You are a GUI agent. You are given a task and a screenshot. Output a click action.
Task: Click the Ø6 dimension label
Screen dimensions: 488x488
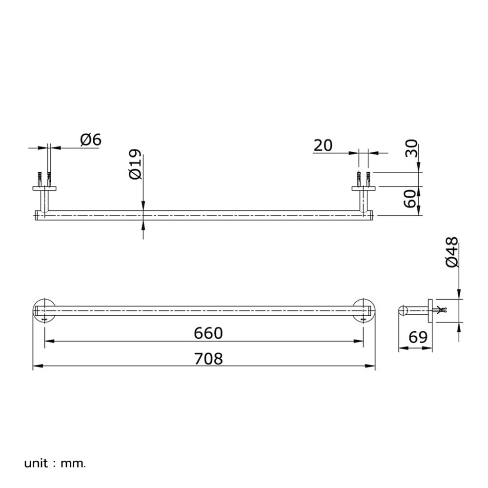(x=91, y=140)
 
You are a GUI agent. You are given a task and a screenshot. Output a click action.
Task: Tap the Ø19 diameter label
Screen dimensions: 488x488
(x=135, y=164)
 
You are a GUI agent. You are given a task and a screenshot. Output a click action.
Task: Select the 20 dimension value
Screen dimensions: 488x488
(x=323, y=145)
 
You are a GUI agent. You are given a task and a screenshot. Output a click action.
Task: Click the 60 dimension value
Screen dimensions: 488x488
(x=410, y=198)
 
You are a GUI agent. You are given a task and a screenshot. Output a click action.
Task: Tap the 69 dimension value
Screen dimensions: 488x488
(x=418, y=337)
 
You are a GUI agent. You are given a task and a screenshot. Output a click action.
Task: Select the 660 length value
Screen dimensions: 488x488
(x=208, y=333)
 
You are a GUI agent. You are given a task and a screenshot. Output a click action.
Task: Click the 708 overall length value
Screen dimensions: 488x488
(x=208, y=359)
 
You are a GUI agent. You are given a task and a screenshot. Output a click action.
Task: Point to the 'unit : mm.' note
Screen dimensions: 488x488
(x=55, y=464)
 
